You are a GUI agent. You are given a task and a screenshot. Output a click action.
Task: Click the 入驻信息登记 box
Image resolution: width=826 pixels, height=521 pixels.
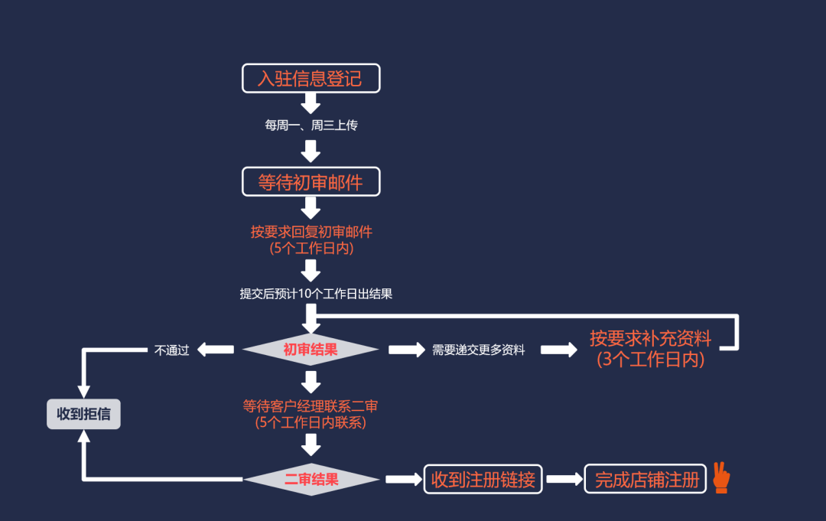pos(311,78)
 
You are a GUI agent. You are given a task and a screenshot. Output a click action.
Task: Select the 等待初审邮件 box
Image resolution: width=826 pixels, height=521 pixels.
pos(311,182)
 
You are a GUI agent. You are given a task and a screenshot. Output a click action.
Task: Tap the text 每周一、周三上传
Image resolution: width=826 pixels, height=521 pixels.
pos(311,125)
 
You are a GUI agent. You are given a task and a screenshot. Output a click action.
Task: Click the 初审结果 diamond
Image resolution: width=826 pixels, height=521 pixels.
pos(311,350)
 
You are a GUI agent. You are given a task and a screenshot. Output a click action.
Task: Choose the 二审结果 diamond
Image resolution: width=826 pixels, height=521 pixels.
pos(311,480)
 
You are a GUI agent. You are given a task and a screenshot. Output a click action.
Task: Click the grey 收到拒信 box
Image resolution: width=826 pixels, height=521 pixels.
pos(83,414)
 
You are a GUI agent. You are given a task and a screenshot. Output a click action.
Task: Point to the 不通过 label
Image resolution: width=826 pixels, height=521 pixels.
pos(171,350)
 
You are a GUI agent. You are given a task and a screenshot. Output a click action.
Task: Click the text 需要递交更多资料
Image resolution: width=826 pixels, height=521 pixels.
pos(478,350)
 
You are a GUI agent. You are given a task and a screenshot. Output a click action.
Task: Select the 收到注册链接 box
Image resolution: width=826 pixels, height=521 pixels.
pos(483,480)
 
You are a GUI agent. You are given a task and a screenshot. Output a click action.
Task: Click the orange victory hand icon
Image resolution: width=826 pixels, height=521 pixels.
pos(720,477)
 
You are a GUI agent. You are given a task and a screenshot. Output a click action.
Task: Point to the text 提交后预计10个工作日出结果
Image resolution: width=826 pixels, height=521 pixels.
pos(316,294)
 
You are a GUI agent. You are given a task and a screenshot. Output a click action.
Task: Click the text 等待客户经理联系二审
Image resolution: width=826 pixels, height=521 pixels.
pos(311,406)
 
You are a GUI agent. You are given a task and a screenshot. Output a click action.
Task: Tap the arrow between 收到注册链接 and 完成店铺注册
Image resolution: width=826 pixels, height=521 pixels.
pos(564,480)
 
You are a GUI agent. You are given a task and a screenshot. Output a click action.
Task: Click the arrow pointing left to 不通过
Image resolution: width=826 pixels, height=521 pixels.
pos(216,350)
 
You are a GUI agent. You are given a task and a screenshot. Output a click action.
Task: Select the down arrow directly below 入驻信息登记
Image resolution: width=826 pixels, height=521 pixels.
pos(311,103)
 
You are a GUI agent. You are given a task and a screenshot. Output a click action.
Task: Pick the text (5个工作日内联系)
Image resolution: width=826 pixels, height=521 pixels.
pos(311,422)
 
